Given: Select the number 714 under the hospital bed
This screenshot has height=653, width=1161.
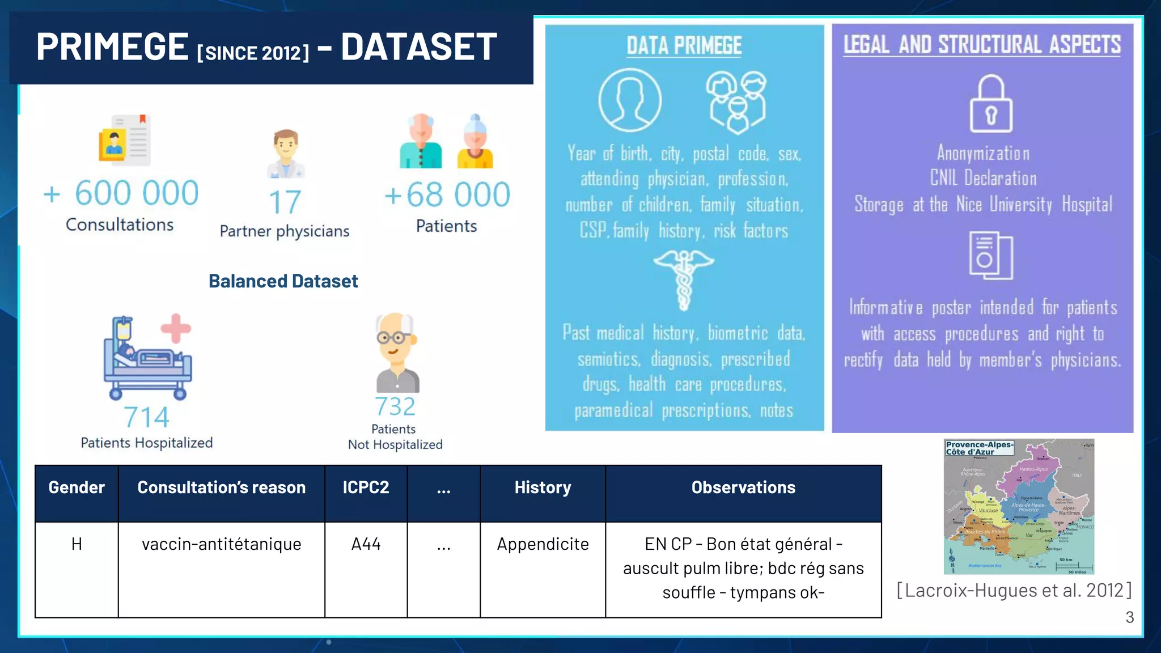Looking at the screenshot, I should coord(146,418).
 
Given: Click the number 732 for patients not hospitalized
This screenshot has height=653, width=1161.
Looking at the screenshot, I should coord(395,406).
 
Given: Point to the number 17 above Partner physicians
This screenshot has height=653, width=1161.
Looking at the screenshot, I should coord(285,202).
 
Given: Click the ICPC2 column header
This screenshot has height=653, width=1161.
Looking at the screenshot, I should coord(366,487).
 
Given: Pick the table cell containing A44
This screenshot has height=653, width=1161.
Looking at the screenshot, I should coord(366,544).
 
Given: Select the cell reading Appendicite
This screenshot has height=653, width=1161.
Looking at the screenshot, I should coord(543,544).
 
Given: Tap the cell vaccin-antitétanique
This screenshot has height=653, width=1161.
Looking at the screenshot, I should coord(221,544).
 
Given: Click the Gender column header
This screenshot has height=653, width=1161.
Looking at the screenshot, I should coord(77,487).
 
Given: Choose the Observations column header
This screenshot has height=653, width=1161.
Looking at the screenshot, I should coord(743,487).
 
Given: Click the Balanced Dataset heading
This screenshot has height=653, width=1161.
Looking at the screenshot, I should coord(283,281).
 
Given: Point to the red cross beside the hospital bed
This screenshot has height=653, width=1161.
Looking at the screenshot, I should coord(176,328).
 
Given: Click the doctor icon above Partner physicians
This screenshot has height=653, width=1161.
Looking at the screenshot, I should coord(286,154).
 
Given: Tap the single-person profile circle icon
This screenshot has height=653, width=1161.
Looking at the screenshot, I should coord(629,100).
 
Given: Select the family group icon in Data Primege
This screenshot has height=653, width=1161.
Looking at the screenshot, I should coord(736,102).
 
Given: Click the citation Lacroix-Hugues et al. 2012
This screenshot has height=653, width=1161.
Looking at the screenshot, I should coord(1014,590).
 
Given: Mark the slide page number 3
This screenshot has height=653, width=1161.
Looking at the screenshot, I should coord(1129,617).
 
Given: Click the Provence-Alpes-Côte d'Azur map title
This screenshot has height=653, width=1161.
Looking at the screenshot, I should coord(979,448).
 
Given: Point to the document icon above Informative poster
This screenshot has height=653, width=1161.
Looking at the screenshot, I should coord(990,256).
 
